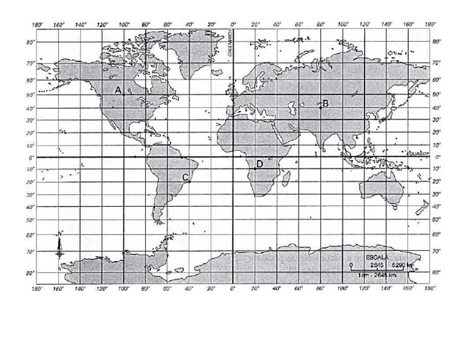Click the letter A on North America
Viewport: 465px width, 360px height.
(119, 90)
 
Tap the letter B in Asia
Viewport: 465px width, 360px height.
(325, 103)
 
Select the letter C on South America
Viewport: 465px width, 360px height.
(185, 177)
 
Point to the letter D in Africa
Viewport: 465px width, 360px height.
(259, 164)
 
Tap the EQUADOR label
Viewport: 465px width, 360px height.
(418, 154)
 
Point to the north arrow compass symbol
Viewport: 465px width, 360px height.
(59, 245)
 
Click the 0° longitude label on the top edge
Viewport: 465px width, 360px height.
(233, 25)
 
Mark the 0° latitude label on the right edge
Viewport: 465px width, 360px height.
(438, 157)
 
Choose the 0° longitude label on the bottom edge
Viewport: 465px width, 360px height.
(233, 289)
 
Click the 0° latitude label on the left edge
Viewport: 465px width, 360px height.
(30, 157)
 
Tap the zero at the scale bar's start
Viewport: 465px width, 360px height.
(351, 265)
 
